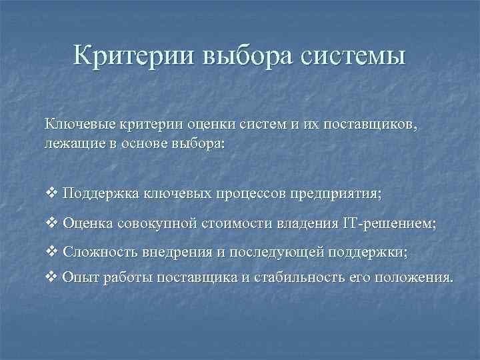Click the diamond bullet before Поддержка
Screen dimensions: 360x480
click(53, 193)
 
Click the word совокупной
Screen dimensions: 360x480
click(153, 223)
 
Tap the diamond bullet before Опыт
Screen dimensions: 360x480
click(53, 277)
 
